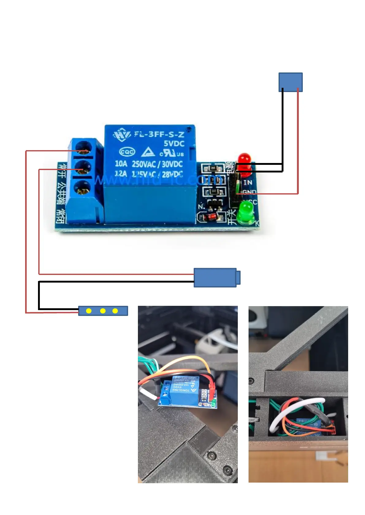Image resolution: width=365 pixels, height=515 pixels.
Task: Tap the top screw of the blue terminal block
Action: [83, 147]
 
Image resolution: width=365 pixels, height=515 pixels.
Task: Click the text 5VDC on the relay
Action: [174, 144]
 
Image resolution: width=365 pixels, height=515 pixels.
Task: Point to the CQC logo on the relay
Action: [127, 152]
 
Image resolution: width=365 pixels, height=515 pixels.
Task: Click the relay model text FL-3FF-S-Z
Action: [159, 134]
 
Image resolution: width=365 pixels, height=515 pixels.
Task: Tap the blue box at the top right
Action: [290, 82]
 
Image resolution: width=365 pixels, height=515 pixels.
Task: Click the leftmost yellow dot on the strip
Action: [89, 311]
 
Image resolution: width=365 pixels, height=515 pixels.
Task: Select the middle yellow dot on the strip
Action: [103, 311]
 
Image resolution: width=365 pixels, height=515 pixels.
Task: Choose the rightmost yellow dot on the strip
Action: [115, 311]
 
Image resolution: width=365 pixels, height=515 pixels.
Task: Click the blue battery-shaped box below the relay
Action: [215, 277]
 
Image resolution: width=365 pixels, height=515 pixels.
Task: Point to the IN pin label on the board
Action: [248, 183]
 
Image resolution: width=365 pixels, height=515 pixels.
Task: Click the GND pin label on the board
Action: [249, 192]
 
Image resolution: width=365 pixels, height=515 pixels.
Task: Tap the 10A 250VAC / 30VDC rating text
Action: [149, 164]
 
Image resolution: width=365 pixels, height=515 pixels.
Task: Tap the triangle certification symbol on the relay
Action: [148, 152]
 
